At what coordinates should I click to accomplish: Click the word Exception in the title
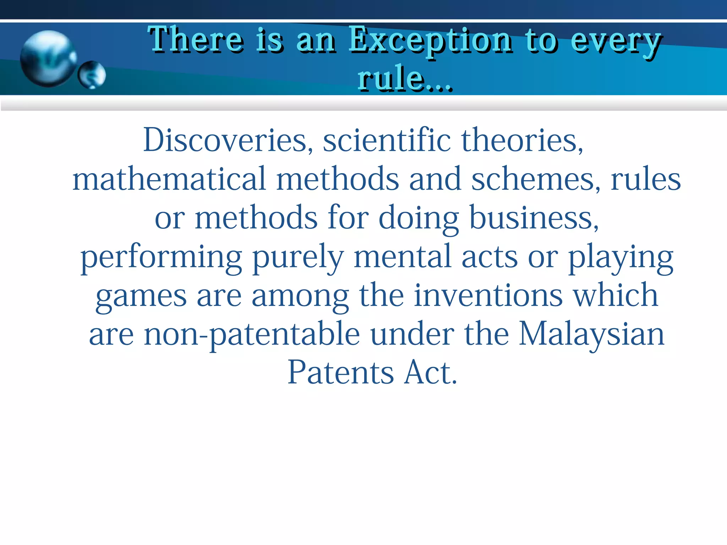pos(430,41)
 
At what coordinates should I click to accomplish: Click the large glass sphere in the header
pos(48,59)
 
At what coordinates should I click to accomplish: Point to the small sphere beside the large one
pos(92,75)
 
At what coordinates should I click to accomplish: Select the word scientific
pos(387,140)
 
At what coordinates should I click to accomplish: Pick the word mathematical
pos(169,178)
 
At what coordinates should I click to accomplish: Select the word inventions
pos(488,295)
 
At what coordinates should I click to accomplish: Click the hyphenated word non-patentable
pos(252,334)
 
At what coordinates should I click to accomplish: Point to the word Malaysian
pos(591,334)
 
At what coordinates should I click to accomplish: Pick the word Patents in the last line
pos(341,373)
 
